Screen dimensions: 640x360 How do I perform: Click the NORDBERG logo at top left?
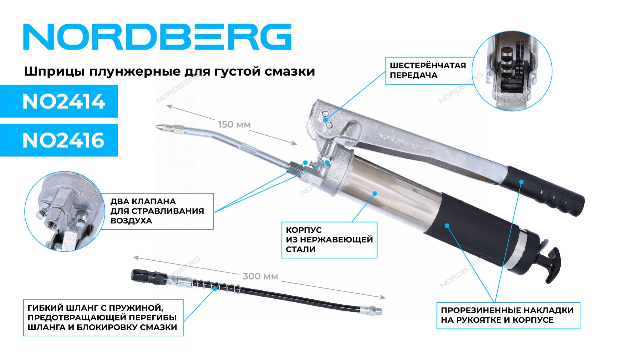[157, 37]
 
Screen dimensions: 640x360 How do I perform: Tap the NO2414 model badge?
[59, 101]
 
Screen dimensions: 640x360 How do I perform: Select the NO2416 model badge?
[59, 140]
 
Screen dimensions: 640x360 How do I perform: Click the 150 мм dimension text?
[234, 125]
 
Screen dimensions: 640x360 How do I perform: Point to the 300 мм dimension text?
[260, 276]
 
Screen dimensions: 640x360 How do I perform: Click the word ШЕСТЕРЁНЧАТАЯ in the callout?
[428, 66]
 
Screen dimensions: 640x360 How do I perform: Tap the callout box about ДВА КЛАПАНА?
[157, 211]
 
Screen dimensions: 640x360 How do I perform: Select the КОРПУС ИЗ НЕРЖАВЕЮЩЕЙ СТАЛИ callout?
[329, 240]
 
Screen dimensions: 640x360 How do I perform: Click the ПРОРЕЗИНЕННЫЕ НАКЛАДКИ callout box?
[508, 315]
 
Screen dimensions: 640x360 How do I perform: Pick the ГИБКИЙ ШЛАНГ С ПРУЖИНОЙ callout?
[103, 318]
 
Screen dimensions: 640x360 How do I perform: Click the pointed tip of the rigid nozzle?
[155, 126]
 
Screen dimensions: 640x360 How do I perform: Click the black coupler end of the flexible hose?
[148, 276]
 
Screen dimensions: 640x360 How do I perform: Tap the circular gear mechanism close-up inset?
[512, 71]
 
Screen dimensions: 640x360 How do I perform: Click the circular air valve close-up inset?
[65, 211]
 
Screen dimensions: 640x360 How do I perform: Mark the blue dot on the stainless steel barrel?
[375, 193]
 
